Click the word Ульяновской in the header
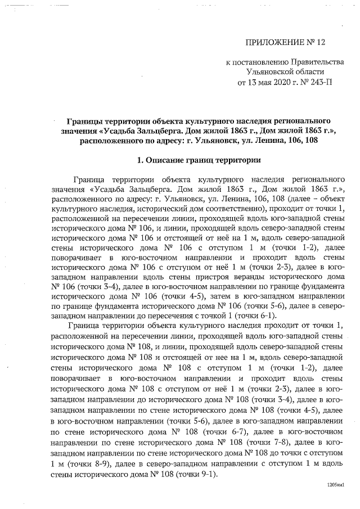269,73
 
